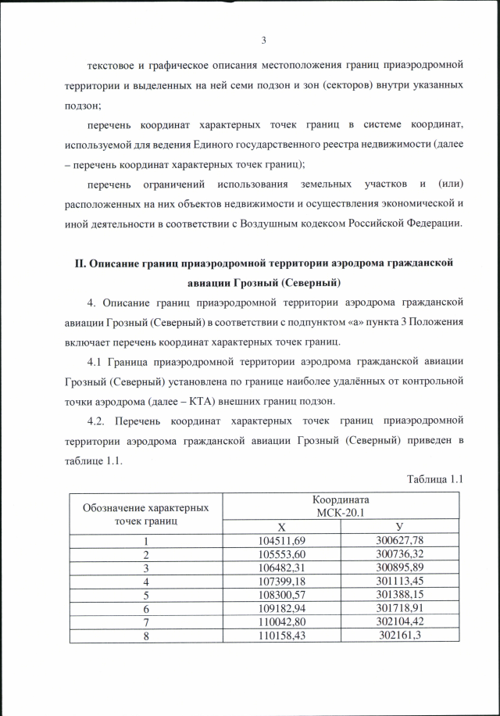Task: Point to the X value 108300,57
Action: coord(281,595)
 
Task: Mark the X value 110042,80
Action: coord(281,622)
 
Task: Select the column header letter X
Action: coord(281,527)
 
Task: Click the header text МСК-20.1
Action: coord(341,512)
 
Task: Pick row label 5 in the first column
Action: coord(145,595)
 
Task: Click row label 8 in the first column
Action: coord(145,635)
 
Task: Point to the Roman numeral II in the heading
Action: coord(80,263)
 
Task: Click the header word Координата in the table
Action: coord(341,499)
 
